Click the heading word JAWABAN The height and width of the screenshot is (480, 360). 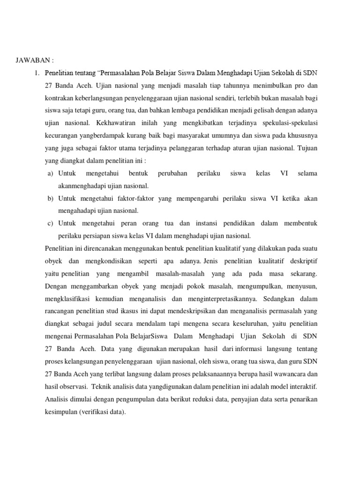point(31,60)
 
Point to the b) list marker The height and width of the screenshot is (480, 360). point(50,198)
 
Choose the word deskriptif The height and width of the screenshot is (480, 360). point(300,260)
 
